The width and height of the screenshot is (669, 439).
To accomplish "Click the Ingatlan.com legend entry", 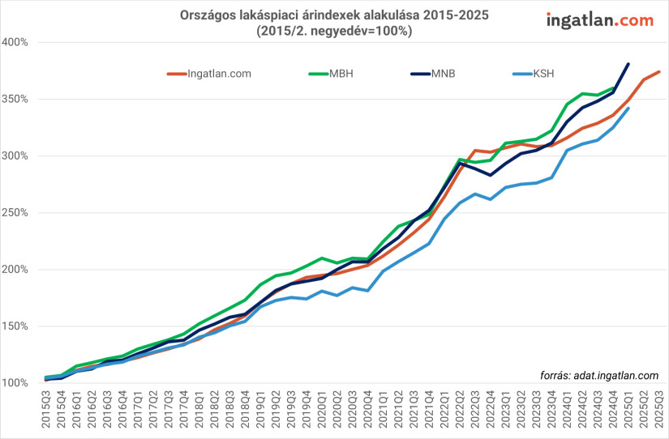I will [x=219, y=74].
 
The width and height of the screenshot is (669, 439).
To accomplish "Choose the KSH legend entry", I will [x=544, y=74].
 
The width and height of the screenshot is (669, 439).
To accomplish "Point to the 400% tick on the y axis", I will [x=15, y=42].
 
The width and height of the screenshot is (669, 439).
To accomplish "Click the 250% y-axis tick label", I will [x=15, y=213].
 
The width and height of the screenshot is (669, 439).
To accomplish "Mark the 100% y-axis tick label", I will [x=15, y=383].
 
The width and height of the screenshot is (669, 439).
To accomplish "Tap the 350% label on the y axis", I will [x=15, y=99].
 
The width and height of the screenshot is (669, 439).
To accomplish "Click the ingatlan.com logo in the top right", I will [x=600, y=19].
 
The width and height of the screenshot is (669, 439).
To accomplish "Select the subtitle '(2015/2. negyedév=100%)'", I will [x=334, y=32].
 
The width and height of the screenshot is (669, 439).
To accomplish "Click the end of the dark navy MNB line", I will [x=628, y=63].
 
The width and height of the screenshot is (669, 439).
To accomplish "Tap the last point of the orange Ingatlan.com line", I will [x=659, y=72].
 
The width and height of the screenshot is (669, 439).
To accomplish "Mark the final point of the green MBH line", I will [x=613, y=87].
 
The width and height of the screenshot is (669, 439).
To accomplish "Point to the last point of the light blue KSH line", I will [x=628, y=109].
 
